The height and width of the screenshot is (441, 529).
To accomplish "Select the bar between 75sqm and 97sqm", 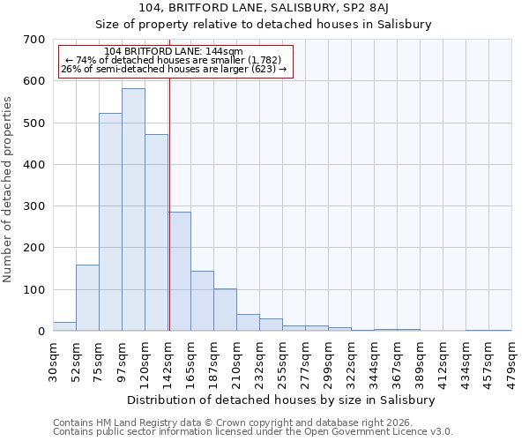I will click(110, 222).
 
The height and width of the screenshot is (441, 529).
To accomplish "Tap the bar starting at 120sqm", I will click(156, 233).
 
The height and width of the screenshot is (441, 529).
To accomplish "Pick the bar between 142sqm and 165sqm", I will click(180, 272).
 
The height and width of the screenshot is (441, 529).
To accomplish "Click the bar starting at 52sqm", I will click(87, 298).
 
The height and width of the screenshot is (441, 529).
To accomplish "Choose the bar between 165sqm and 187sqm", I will click(202, 301).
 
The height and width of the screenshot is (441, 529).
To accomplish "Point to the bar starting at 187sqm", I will click(225, 310).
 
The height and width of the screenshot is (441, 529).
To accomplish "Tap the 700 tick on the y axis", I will click(34, 40).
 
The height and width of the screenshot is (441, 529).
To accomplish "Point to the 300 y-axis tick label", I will click(34, 206).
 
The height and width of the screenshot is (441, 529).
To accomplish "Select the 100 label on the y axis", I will click(34, 290).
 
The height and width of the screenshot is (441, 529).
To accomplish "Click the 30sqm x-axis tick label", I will click(53, 361).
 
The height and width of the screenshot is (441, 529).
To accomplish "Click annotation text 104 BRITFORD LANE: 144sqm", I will click(173, 52).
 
